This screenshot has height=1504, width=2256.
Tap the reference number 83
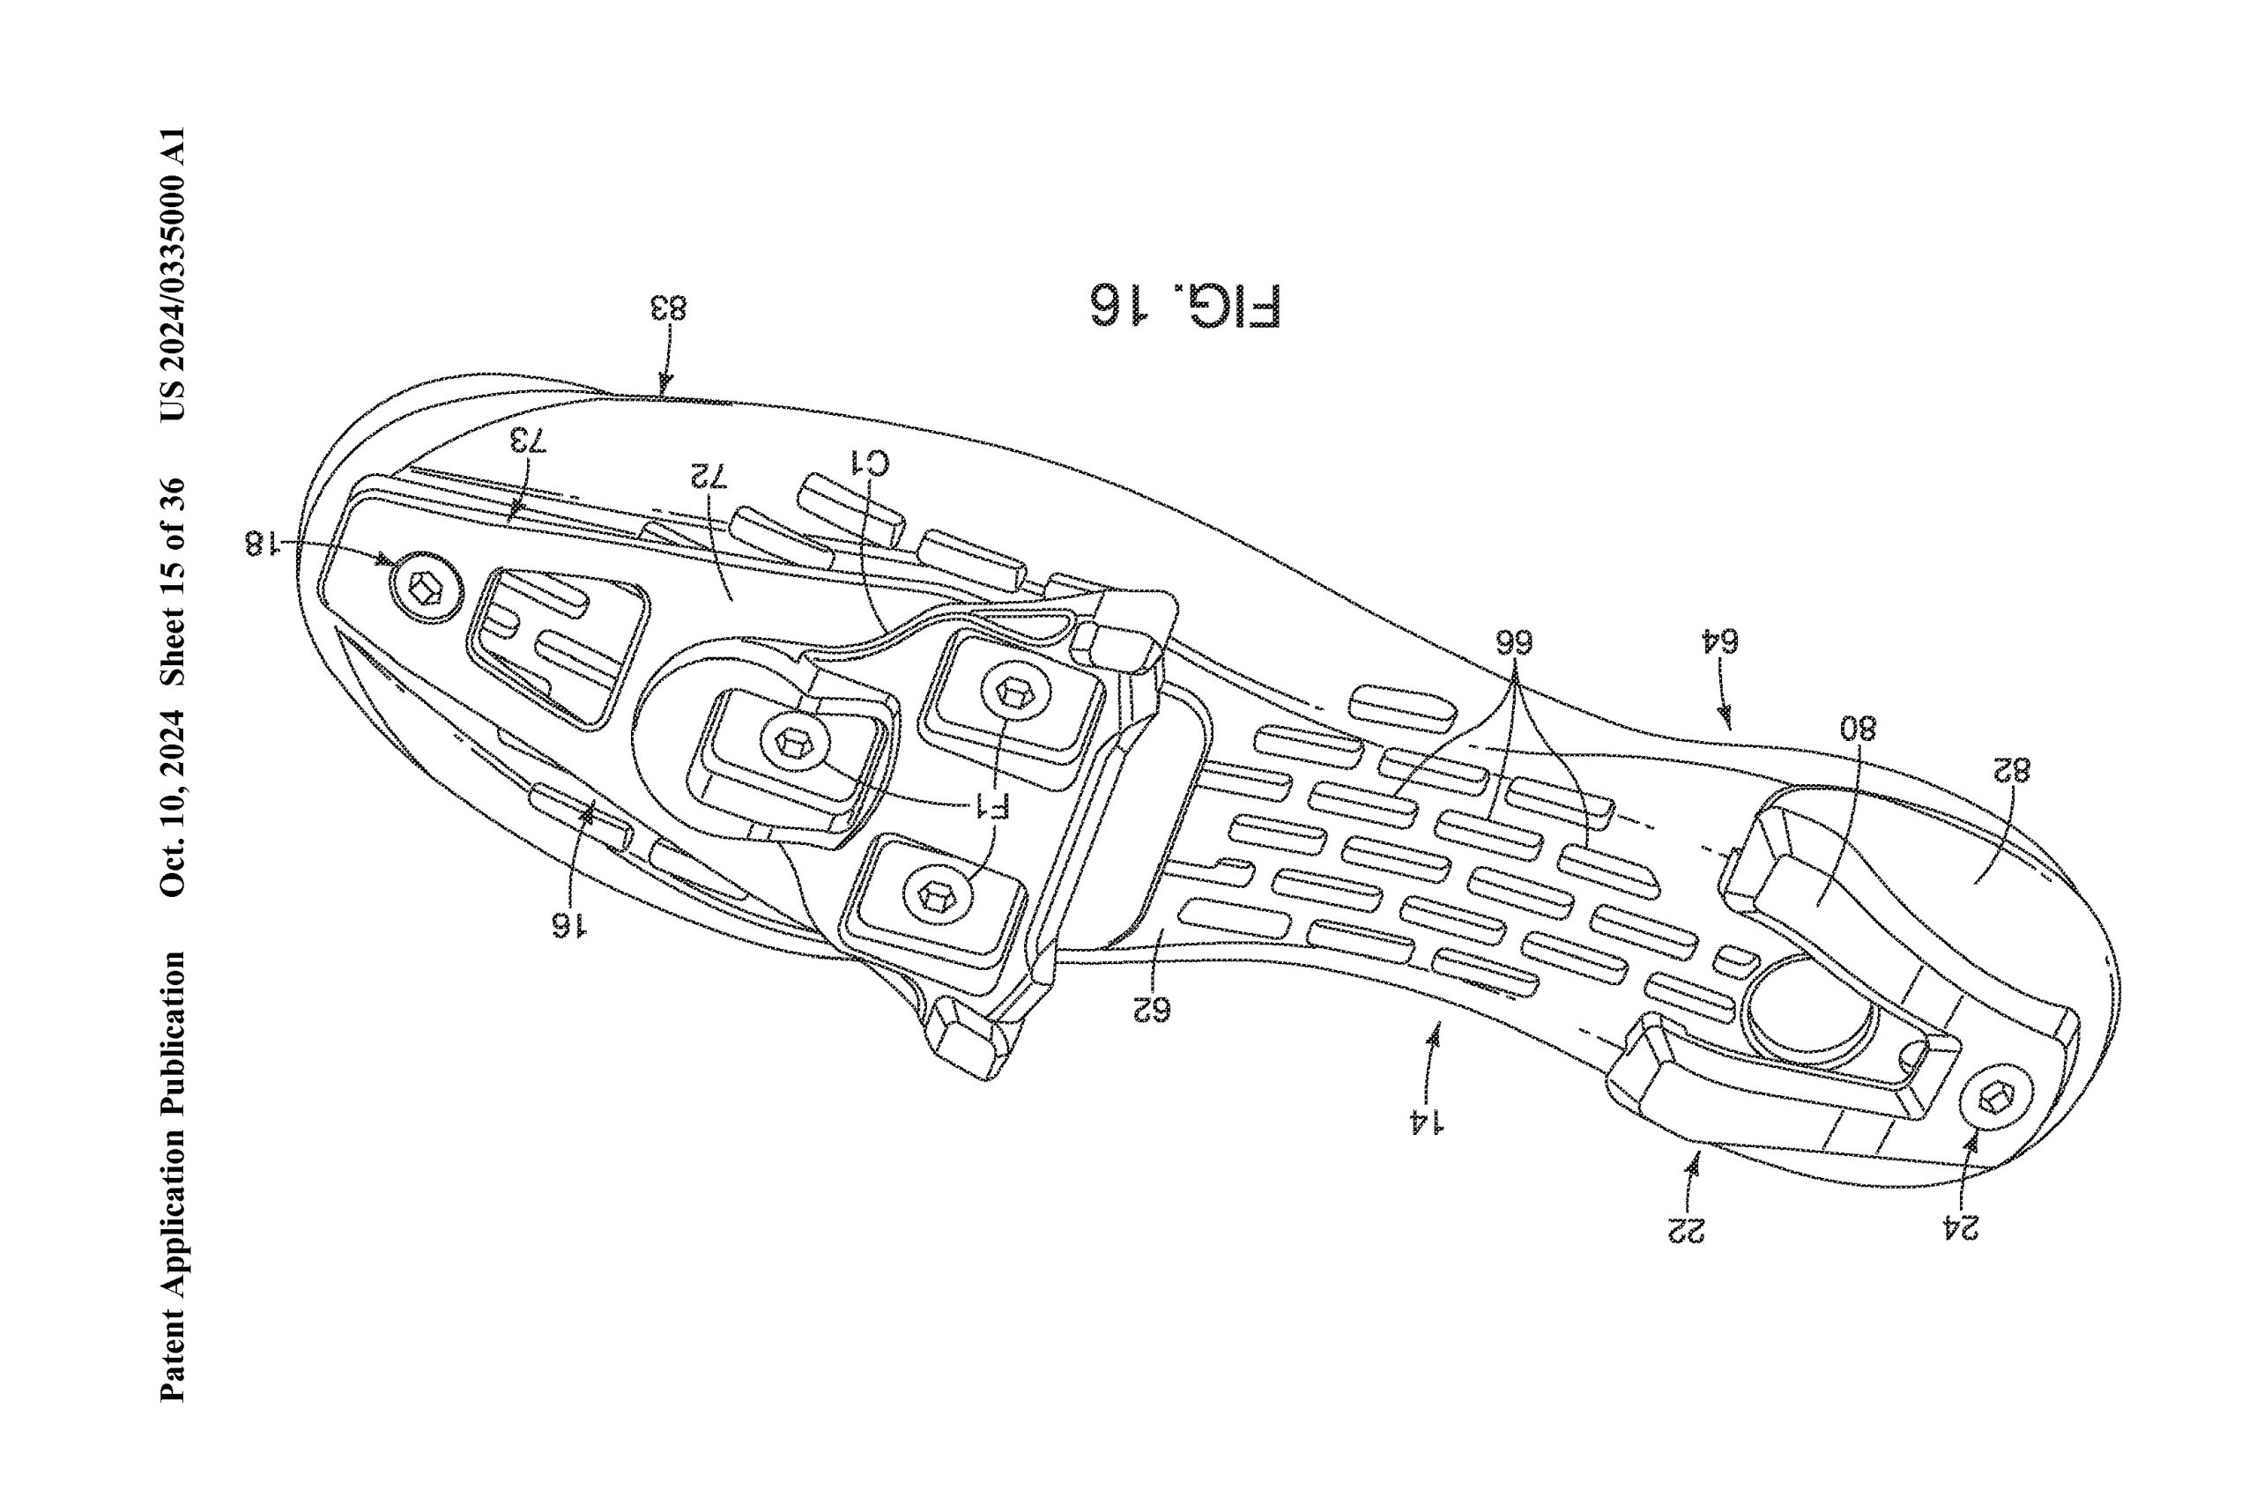pos(670,309)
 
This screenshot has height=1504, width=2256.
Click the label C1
pos(872,464)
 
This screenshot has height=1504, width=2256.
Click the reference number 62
pos(1151,1008)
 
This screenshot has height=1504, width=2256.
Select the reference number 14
pos(1428,1121)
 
